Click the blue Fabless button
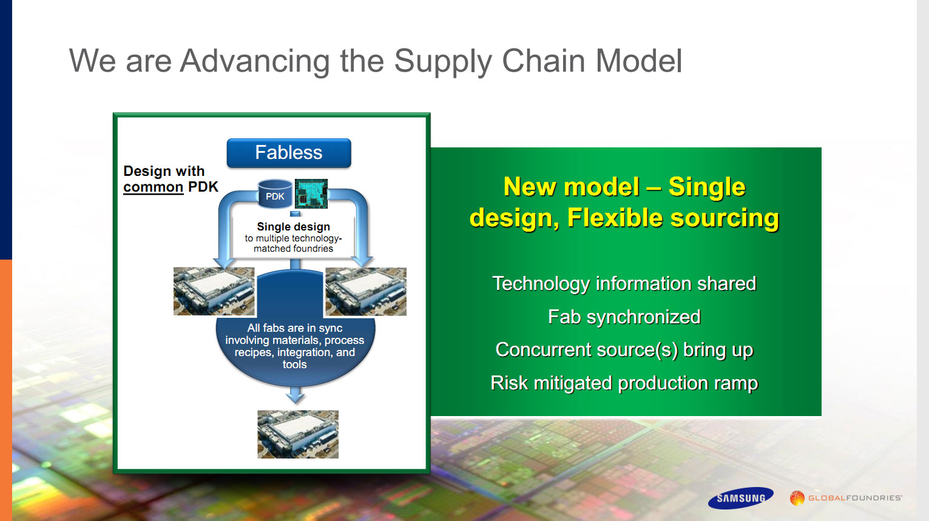[289, 153]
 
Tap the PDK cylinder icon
[275, 193]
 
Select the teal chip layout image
[311, 193]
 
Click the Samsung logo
[741, 498]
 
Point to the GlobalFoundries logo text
[855, 498]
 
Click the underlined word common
[153, 187]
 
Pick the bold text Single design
[293, 227]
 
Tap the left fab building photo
[214, 291]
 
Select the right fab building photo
[366, 291]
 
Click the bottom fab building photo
[298, 434]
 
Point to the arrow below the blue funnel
[296, 394]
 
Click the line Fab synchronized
[624, 317]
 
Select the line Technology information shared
[624, 284]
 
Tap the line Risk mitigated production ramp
[624, 383]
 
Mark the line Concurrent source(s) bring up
[624, 350]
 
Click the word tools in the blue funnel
[294, 365]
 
